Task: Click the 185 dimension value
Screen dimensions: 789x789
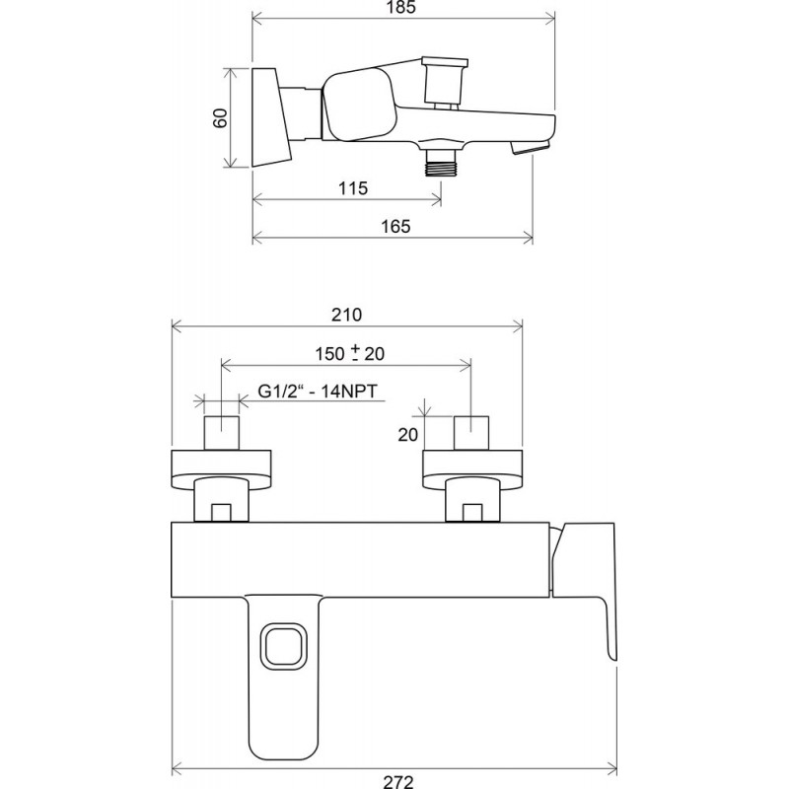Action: [x=402, y=8]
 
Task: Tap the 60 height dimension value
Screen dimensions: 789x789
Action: [x=220, y=117]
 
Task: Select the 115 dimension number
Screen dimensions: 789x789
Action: [x=353, y=188]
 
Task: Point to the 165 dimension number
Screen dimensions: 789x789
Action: [x=395, y=227]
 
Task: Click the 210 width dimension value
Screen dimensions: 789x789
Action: [x=346, y=315]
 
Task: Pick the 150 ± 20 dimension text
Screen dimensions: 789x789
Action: [x=350, y=353]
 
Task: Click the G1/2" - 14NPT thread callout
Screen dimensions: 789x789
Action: [x=318, y=391]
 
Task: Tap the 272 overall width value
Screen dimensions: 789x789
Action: [x=398, y=782]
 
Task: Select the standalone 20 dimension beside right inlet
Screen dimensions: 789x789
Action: [x=407, y=434]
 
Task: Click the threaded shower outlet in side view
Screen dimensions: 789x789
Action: [x=440, y=162]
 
